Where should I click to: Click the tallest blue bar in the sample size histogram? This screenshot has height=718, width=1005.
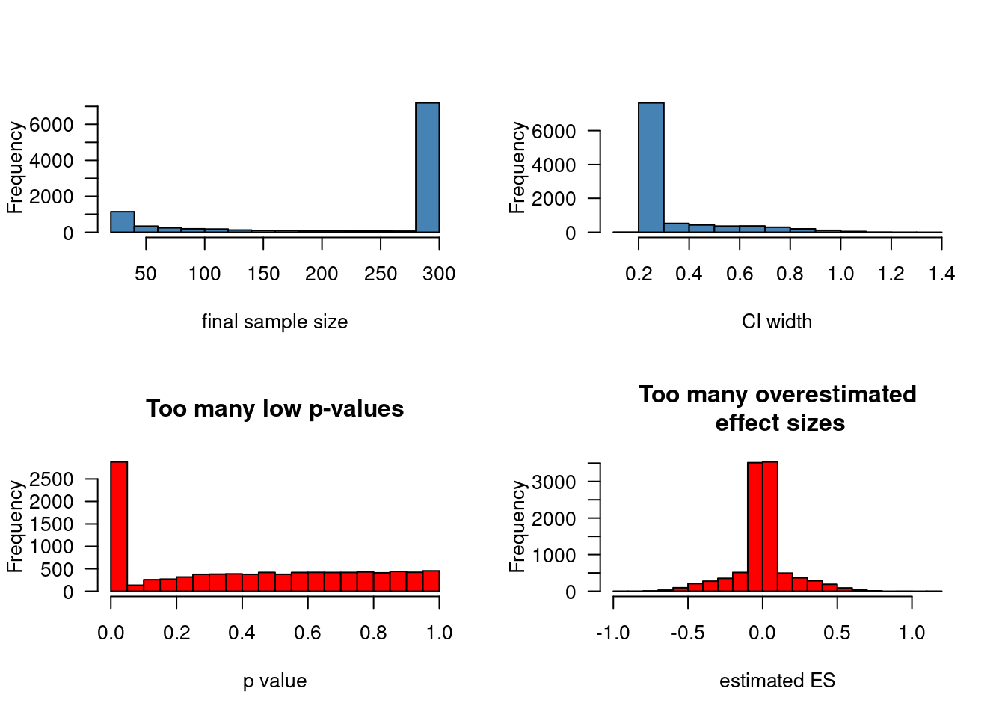(x=427, y=168)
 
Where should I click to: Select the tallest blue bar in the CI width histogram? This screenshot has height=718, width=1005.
(x=651, y=168)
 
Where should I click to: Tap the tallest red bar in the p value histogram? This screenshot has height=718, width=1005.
(x=119, y=527)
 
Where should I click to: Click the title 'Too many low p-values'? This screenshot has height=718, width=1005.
(x=274, y=409)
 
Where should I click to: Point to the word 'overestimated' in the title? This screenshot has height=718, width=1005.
(x=835, y=394)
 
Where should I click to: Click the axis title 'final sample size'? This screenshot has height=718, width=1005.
(x=274, y=322)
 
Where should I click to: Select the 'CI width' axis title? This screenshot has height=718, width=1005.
(x=777, y=322)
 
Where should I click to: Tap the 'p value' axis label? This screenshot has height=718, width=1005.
(x=274, y=681)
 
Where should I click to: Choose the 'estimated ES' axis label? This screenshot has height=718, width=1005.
(x=777, y=681)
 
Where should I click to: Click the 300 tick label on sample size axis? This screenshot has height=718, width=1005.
(x=439, y=274)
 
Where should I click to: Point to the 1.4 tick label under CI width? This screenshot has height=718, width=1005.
(x=941, y=274)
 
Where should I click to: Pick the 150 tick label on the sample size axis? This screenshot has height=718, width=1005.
(x=263, y=274)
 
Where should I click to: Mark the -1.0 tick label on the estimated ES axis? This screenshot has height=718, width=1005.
(x=612, y=633)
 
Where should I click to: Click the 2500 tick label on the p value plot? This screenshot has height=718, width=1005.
(x=52, y=479)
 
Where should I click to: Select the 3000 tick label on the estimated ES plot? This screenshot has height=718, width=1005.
(x=554, y=482)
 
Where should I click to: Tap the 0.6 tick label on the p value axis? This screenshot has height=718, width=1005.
(x=307, y=633)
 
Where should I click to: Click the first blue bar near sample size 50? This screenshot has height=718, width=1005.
(x=122, y=222)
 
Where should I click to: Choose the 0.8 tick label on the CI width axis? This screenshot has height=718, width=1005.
(x=790, y=274)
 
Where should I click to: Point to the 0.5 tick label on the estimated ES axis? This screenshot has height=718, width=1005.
(x=837, y=633)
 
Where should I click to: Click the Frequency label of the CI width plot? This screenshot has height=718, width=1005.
(x=517, y=168)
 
